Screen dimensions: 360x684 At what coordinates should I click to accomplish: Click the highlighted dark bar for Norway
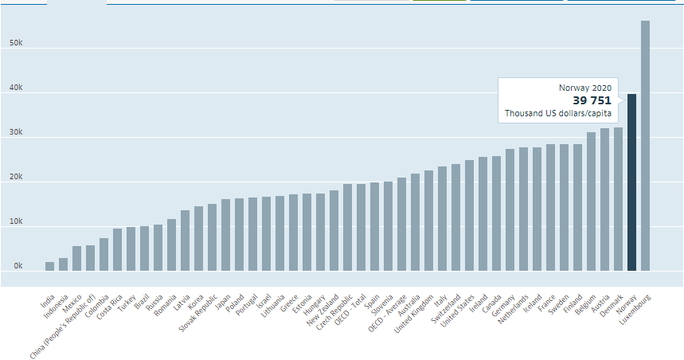point(631,183)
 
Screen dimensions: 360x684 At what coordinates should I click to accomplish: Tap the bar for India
point(49,266)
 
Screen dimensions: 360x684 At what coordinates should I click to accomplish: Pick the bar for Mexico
point(76,258)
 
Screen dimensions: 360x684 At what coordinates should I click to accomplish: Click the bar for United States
point(469,215)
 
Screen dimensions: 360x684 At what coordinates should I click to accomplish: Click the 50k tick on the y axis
point(16,43)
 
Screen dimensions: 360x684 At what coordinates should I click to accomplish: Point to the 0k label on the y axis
point(16,266)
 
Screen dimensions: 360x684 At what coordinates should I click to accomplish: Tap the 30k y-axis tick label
point(16,132)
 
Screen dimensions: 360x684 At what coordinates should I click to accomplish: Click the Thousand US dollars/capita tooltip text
point(557,114)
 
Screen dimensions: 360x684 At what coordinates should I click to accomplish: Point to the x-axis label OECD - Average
point(386,315)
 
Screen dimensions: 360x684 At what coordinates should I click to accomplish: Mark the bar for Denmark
point(618,199)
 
